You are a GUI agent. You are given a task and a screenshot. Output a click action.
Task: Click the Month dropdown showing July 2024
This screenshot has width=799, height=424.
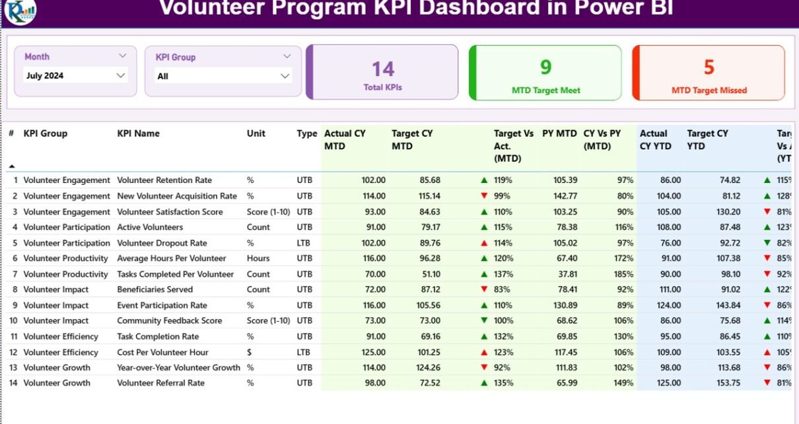pos(75,76)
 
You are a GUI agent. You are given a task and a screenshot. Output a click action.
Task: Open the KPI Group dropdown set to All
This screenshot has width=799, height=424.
pos(223,77)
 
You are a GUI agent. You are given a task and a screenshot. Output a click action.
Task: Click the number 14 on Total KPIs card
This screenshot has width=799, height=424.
pos(383,69)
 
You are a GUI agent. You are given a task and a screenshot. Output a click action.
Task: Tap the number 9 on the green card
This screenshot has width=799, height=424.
pos(545,67)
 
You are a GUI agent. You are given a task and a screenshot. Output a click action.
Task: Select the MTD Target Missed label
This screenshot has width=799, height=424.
pos(709,90)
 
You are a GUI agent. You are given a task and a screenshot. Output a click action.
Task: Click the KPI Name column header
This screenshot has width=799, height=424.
pos(138,133)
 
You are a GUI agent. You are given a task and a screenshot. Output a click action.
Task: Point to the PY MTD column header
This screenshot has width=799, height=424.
pos(559,133)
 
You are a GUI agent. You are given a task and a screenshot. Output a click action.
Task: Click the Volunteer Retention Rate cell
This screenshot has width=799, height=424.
pos(164,180)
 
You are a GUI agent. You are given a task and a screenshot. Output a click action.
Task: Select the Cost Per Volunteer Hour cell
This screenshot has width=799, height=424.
pos(162,352)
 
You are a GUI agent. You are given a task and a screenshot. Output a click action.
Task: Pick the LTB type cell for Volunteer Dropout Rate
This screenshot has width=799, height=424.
pos(304,243)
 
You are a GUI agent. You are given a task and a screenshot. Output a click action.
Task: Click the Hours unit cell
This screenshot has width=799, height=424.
pos(258,258)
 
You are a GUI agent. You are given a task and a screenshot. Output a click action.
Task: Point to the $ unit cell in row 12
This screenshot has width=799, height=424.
pos(250,352)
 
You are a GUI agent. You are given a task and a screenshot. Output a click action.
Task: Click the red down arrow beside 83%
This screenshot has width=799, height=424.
pos(484,289)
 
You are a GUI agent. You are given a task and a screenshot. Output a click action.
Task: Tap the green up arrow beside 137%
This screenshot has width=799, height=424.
pos(484,274)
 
